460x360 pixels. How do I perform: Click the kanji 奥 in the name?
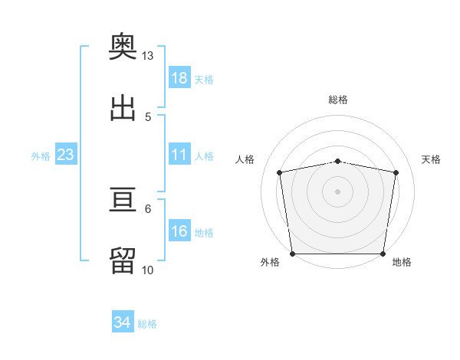click(123, 46)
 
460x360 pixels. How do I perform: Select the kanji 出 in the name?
click(123, 108)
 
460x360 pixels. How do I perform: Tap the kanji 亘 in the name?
click(123, 199)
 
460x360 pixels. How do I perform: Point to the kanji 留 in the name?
click(123, 260)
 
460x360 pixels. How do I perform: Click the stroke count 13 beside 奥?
click(147, 56)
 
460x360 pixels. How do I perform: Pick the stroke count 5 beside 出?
click(148, 117)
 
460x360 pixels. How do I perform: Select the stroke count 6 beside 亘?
click(148, 209)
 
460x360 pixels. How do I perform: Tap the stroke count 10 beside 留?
click(147, 270)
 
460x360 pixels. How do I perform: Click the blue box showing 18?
click(179, 77)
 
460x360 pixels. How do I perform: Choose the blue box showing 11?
click(179, 154)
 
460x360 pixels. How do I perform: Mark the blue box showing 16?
click(179, 230)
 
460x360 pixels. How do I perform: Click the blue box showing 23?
click(66, 154)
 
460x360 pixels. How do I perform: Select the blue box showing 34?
click(123, 321)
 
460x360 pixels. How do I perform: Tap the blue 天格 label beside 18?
click(204, 80)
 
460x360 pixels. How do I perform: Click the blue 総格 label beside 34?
click(147, 324)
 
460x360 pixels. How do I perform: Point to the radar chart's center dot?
click(337, 191)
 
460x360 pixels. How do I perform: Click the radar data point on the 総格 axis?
click(337, 162)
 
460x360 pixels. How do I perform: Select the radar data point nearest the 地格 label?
click(383, 254)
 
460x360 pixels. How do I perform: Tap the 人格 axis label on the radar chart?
click(245, 159)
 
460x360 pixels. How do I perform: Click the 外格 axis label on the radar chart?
click(270, 262)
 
